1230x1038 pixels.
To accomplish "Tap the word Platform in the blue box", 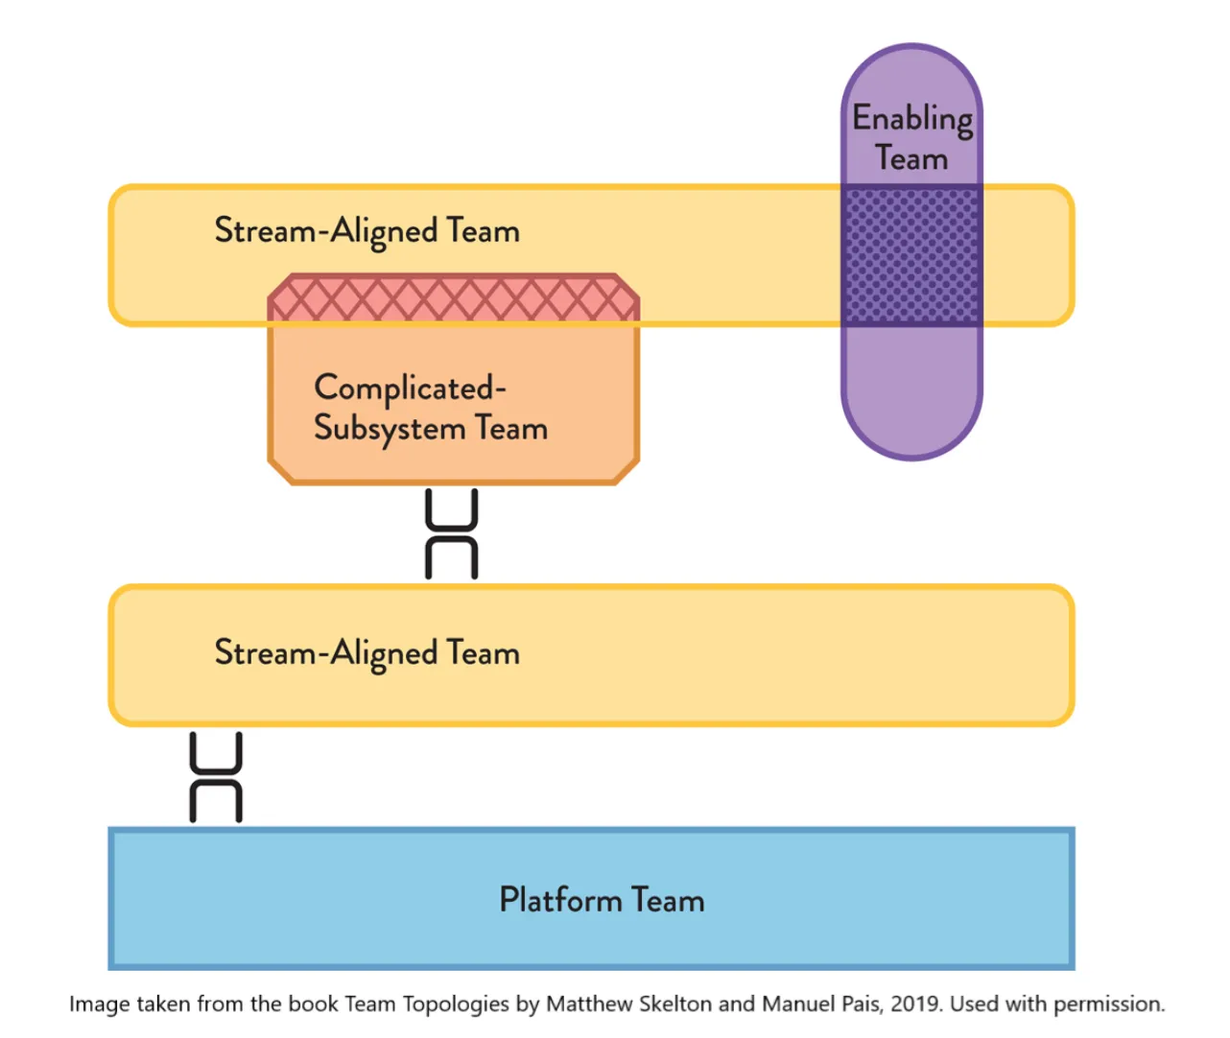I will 560,900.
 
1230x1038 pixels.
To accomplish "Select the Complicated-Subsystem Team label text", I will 430,408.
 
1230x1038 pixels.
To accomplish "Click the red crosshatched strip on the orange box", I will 453,299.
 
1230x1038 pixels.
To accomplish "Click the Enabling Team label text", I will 912,137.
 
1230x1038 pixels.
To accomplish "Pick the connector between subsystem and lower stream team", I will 452,534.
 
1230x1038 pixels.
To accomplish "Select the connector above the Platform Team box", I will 216,777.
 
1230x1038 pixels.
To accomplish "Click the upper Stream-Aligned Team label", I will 367,231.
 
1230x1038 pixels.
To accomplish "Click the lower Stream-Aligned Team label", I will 367,653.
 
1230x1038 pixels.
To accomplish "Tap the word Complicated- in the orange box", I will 410,389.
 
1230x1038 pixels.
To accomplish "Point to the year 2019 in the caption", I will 915,1004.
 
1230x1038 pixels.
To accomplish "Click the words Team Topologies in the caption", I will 427,1004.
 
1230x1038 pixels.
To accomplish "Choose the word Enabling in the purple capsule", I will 912,119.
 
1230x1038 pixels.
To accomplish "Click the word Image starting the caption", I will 99,1004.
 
